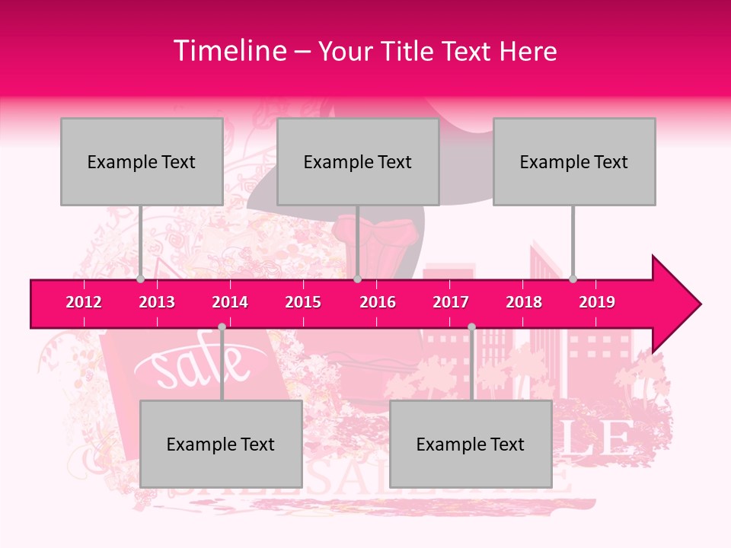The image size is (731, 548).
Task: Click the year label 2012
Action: (x=84, y=302)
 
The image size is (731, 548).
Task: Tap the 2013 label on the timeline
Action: (x=157, y=302)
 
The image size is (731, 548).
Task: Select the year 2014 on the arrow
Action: (x=230, y=302)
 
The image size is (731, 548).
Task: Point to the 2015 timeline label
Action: (x=303, y=302)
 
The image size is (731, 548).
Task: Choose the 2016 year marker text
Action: (x=378, y=302)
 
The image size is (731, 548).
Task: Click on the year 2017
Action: (x=451, y=302)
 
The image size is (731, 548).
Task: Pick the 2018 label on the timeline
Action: (x=524, y=302)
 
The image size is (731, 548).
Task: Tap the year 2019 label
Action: (x=597, y=302)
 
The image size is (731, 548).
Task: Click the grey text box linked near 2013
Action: (x=142, y=161)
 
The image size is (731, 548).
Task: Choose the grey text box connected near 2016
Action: (x=358, y=161)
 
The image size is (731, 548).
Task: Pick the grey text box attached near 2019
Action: (x=574, y=161)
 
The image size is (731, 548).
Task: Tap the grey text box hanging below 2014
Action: (x=221, y=444)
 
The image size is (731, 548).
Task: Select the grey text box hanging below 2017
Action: (x=471, y=444)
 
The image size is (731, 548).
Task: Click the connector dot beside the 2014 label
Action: (x=222, y=327)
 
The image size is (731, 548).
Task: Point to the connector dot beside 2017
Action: (x=471, y=327)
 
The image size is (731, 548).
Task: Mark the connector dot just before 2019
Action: (x=573, y=279)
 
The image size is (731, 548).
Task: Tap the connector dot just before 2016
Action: (x=357, y=279)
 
